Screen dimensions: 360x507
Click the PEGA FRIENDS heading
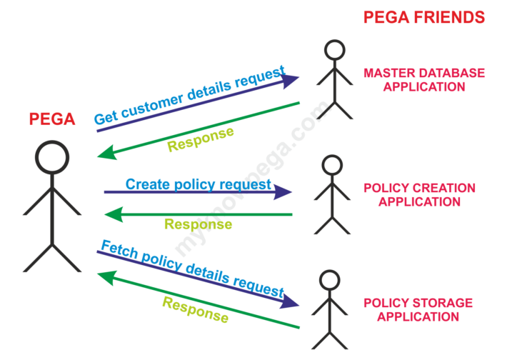(x=423, y=17)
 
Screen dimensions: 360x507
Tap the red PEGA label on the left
(x=52, y=119)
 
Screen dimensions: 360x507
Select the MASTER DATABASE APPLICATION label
(x=423, y=80)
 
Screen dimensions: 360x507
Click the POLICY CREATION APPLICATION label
(x=419, y=195)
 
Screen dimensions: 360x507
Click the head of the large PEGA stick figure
(x=52, y=157)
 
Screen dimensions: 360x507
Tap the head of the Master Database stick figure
(x=334, y=51)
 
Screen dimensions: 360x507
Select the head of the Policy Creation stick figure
(x=332, y=166)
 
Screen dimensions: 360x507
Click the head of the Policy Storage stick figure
(x=328, y=281)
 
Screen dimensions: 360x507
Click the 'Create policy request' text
(x=199, y=184)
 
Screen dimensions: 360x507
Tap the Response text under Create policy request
(x=198, y=224)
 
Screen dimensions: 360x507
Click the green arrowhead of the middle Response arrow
(x=113, y=214)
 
